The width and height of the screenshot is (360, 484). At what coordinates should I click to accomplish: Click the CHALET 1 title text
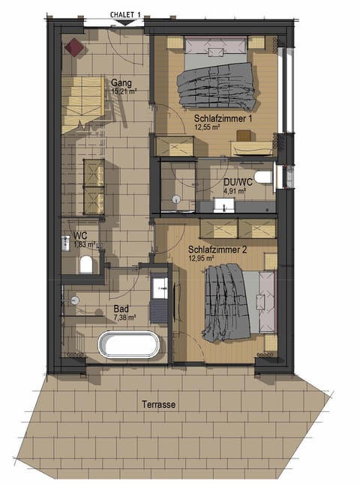[x=125, y=14]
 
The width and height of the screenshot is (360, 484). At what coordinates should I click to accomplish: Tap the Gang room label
[x=121, y=82]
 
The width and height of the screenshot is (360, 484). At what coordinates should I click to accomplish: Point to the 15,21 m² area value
[x=124, y=91]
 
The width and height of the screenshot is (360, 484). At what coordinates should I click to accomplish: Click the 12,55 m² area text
[x=207, y=127]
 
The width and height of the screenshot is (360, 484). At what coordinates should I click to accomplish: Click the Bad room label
[x=121, y=308]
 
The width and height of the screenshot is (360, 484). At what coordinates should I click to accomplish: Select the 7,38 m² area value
[x=124, y=317]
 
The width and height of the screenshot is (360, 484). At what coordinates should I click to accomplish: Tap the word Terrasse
[x=158, y=404]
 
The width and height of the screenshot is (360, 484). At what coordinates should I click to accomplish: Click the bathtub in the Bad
[x=129, y=346]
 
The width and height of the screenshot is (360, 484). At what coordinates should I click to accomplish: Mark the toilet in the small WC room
[x=85, y=264]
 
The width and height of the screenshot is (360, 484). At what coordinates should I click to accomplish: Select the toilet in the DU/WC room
[x=262, y=178]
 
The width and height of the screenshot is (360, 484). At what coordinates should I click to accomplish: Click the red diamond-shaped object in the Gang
[x=74, y=46]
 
